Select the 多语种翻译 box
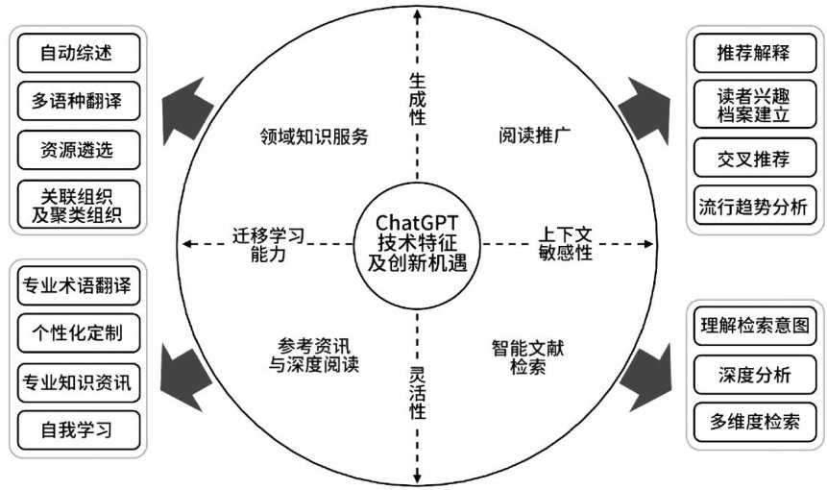point(76,100)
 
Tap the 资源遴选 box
point(76,149)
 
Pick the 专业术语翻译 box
point(75,285)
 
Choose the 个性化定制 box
point(75,333)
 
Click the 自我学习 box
point(75,429)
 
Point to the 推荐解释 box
point(753,52)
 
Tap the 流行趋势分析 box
point(753,206)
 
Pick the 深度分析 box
point(753,374)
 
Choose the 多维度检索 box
point(753,421)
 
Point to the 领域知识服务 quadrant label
point(314,135)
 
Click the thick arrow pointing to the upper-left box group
point(188,103)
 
